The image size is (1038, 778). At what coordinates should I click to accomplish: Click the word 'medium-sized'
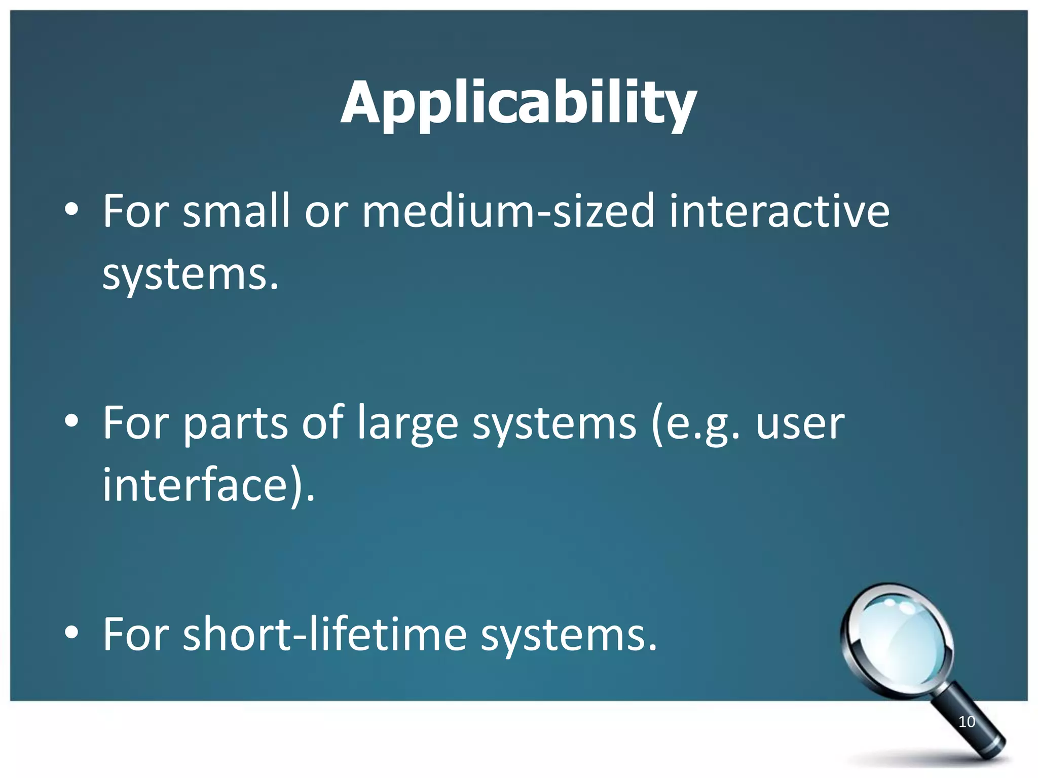(508, 211)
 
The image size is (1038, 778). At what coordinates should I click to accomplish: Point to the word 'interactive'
(779, 211)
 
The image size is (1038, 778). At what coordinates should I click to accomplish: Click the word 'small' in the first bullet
(236, 211)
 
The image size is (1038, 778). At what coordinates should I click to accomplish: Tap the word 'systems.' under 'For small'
(191, 276)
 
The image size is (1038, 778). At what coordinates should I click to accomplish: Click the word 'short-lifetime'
(324, 634)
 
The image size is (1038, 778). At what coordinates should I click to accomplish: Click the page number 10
(967, 722)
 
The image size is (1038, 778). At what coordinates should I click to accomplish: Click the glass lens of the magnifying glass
(896, 640)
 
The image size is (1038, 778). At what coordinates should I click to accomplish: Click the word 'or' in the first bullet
(326, 212)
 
